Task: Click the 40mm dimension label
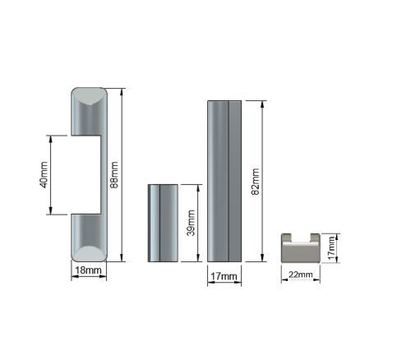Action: [44, 175]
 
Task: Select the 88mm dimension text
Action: [113, 175]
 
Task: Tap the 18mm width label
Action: [88, 270]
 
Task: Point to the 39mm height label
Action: [191, 223]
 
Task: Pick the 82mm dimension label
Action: [256, 182]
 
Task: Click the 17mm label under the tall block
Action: [224, 276]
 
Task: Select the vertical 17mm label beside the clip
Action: [331, 248]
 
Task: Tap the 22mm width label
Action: [301, 275]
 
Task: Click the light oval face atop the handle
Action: [89, 96]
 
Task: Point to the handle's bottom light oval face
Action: [89, 253]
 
